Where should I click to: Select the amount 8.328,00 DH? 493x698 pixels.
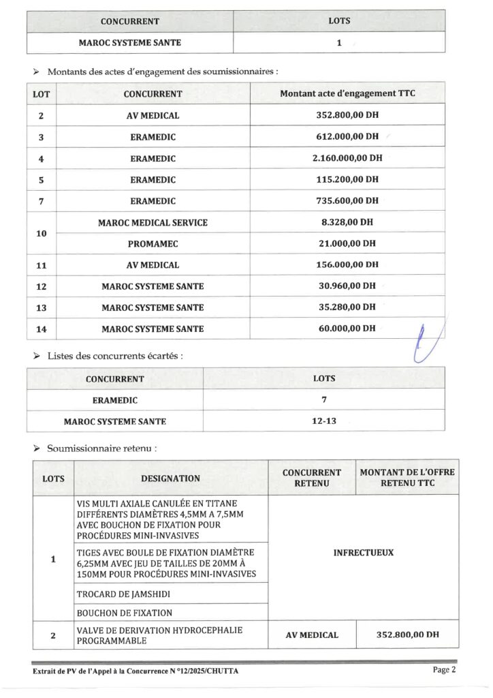[x=347, y=222]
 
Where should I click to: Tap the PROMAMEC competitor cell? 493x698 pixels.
[x=153, y=243]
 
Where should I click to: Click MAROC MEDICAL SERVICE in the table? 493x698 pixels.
[x=153, y=222]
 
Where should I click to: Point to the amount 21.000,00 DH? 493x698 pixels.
[x=347, y=243]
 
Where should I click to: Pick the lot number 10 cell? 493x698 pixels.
[x=42, y=233]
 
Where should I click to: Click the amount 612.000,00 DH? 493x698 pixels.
[x=347, y=136]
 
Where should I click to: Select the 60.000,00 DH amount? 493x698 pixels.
[x=347, y=328]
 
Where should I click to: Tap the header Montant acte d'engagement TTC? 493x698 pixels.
[x=347, y=93]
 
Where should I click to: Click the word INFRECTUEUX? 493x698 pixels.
[x=363, y=553]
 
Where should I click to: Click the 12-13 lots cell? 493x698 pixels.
[x=324, y=421]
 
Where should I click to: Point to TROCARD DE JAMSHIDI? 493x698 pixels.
[x=123, y=594]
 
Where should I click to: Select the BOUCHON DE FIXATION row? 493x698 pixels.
[x=125, y=613]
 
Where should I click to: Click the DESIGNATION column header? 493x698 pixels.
[x=170, y=479]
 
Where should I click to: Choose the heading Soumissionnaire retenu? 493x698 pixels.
[x=102, y=449]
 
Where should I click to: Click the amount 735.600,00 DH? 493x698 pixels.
[x=347, y=200]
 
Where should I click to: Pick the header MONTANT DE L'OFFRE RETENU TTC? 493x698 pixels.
[x=407, y=478]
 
